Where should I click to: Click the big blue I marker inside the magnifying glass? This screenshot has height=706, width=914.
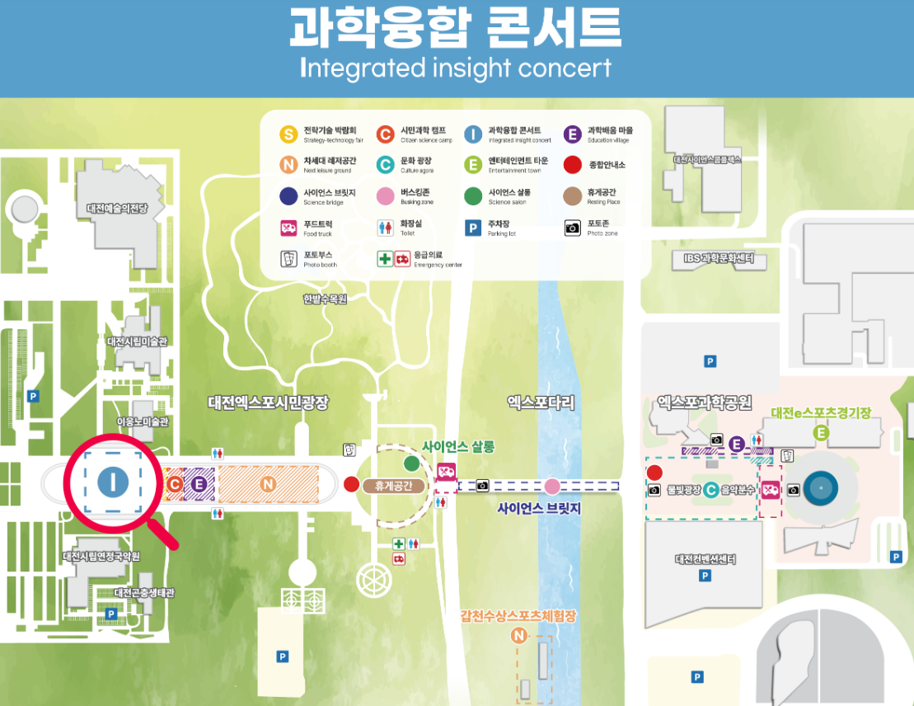(112, 482)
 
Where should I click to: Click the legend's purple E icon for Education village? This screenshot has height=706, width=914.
(572, 134)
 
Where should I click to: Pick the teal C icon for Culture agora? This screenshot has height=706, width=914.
(384, 165)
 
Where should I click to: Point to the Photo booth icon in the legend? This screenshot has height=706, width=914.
(288, 259)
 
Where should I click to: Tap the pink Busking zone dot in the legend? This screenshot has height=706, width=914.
(384, 196)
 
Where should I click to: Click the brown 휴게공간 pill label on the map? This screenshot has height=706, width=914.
(393, 486)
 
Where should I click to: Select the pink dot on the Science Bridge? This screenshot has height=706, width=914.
(551, 485)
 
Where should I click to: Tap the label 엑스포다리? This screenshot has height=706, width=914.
(541, 402)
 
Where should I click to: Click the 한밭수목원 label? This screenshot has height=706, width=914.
(325, 299)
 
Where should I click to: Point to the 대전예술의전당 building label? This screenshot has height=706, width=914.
(116, 209)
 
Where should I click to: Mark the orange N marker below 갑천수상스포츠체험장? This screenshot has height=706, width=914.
(518, 635)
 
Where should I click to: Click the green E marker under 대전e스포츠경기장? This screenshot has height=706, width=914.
(820, 433)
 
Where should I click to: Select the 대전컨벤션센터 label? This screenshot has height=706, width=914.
(705, 559)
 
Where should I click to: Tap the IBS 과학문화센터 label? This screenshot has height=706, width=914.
(718, 259)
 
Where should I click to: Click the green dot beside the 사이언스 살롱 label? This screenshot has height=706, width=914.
(411, 463)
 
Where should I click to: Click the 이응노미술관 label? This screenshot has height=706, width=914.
(143, 422)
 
